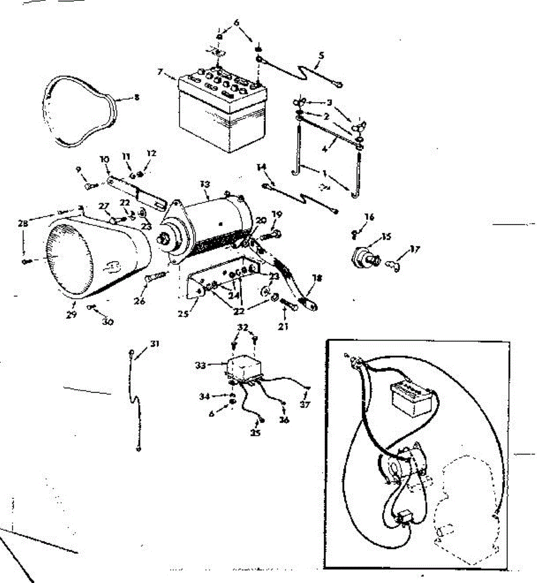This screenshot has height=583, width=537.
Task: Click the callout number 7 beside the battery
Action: pos(160,71)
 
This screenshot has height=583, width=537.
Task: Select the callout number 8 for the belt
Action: pos(137,97)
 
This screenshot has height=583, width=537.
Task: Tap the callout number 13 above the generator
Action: pos(205,184)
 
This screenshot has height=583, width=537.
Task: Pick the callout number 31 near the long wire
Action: pos(155,344)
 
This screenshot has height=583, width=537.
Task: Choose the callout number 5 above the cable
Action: pos(320,56)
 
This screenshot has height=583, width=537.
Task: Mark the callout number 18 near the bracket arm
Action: pos(317,278)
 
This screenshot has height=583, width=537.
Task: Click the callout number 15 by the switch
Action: pos(386,237)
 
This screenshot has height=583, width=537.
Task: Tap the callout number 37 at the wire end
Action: pos(305,404)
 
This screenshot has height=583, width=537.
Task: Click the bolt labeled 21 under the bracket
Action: pos(290,306)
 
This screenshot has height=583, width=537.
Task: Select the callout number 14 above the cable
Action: pos(262,168)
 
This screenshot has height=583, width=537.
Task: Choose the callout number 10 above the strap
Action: pos(105,159)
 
